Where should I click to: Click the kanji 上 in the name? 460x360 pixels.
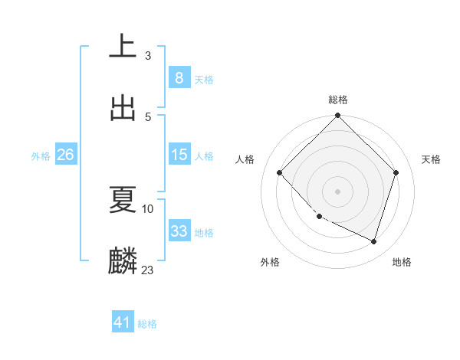[x=123, y=47]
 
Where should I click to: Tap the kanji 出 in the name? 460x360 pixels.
[x=123, y=108]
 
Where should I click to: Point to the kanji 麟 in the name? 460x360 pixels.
[x=123, y=260]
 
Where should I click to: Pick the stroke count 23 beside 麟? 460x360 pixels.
[x=148, y=270]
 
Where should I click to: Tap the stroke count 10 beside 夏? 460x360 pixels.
[x=148, y=208]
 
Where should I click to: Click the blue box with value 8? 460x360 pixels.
[x=179, y=78]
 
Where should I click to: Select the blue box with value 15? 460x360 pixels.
[x=179, y=155]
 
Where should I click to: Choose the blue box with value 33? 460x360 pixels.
[x=179, y=231]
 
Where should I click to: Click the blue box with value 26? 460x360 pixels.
[x=65, y=155]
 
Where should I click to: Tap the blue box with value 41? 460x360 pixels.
[x=122, y=323]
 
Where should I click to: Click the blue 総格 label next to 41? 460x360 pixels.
[x=147, y=324]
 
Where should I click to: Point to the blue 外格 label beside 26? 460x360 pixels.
[x=41, y=155]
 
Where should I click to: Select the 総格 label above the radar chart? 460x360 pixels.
[x=338, y=100]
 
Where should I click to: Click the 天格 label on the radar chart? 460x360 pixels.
[x=432, y=159]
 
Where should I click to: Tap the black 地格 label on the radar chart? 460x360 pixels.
[x=402, y=262]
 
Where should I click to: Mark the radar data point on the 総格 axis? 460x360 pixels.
[x=338, y=116]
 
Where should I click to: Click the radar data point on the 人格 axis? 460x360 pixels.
[x=280, y=172]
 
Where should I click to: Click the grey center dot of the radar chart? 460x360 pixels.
[x=338, y=191]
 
